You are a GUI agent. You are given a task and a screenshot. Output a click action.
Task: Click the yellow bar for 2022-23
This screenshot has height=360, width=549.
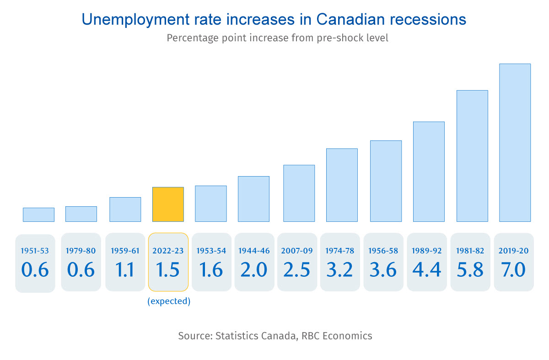pyautogui.click(x=168, y=204)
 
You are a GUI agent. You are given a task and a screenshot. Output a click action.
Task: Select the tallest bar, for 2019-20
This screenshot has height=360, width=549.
pyautogui.click(x=515, y=142)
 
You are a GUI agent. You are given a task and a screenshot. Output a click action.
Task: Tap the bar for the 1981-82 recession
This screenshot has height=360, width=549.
pyautogui.click(x=472, y=156)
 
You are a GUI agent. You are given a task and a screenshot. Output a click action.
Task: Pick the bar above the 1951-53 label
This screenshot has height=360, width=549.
pyautogui.click(x=38, y=215)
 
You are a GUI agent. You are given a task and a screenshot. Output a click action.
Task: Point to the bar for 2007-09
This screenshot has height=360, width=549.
pyautogui.click(x=299, y=193)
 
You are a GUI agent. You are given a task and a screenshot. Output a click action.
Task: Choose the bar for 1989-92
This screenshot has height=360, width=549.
pyautogui.click(x=429, y=172)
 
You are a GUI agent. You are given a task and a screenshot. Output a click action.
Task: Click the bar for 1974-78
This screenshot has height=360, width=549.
pyautogui.click(x=342, y=185)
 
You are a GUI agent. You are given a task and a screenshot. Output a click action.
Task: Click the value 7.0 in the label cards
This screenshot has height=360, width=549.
pyautogui.click(x=514, y=270)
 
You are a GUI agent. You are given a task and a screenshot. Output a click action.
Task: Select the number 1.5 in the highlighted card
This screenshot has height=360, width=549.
pyautogui.click(x=168, y=270)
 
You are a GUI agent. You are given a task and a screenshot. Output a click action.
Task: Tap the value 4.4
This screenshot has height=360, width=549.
pyautogui.click(x=427, y=270)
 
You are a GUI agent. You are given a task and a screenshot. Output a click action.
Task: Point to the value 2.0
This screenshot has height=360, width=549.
pyautogui.click(x=254, y=270)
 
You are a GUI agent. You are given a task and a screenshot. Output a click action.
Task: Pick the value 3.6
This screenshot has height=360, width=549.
pyautogui.click(x=383, y=270)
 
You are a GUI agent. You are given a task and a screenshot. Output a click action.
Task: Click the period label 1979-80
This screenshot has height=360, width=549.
pyautogui.click(x=81, y=251)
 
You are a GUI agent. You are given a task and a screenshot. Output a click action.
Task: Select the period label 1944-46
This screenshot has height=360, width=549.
pyautogui.click(x=254, y=251)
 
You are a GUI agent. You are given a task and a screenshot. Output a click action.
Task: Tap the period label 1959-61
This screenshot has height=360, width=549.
pyautogui.click(x=125, y=251)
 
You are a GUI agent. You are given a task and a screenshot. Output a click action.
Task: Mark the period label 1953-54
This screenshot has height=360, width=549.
pyautogui.click(x=211, y=251)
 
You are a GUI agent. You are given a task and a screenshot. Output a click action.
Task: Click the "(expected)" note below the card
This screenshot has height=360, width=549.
pyautogui.click(x=168, y=301)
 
